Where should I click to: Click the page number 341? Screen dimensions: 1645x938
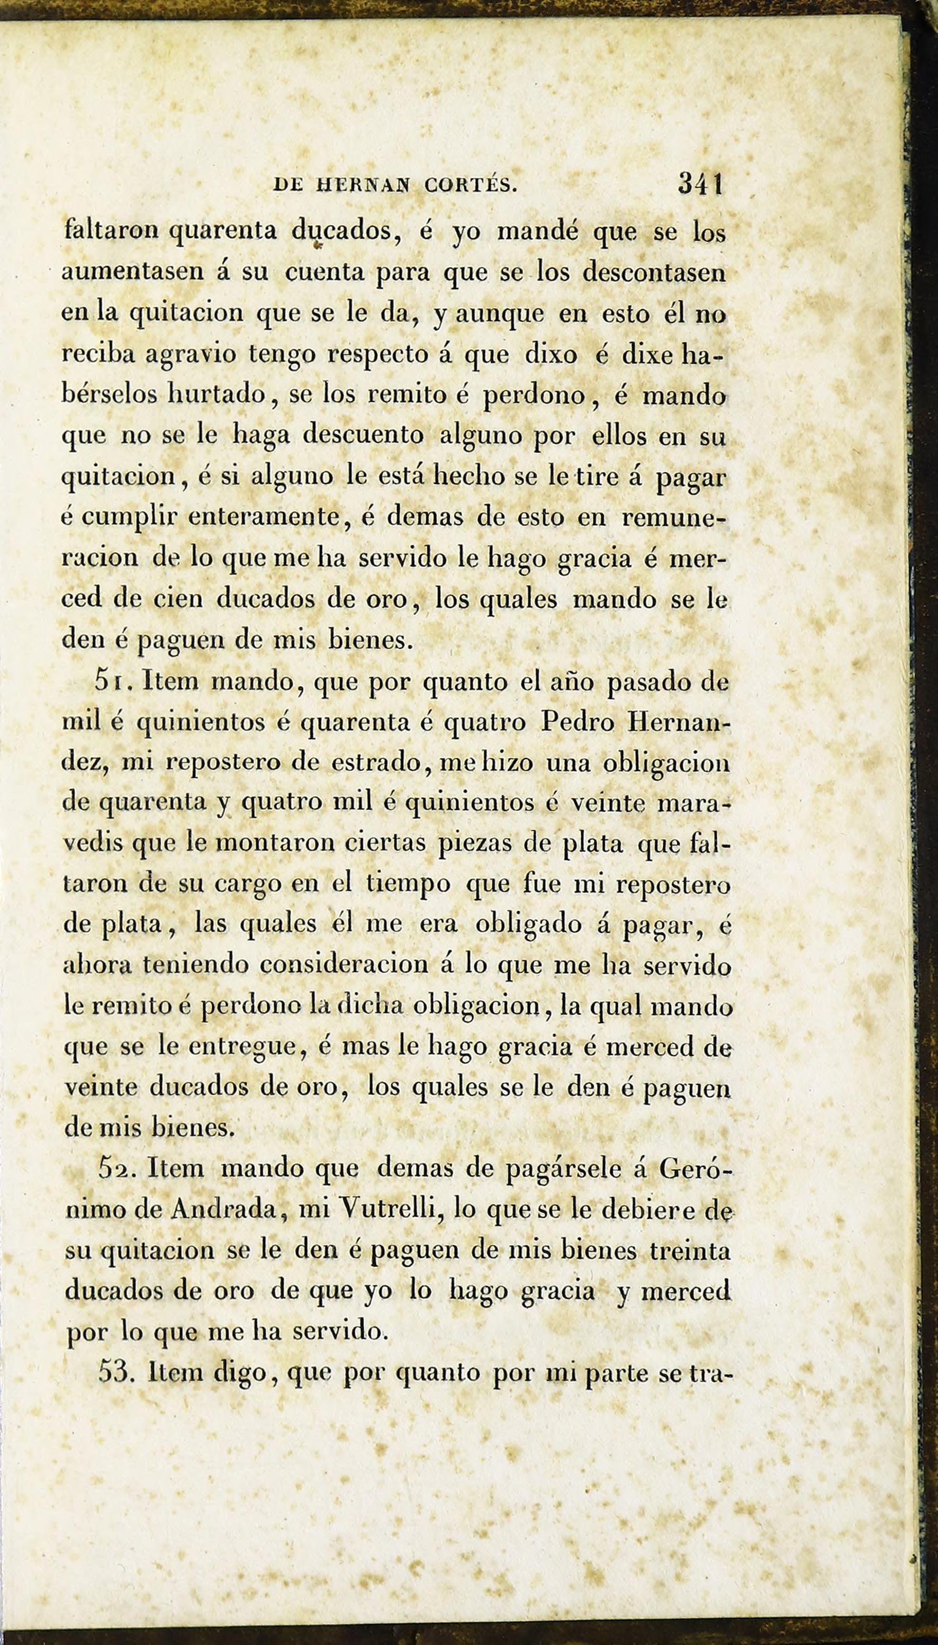[701, 185]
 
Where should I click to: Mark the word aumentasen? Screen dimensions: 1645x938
[132, 272]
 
